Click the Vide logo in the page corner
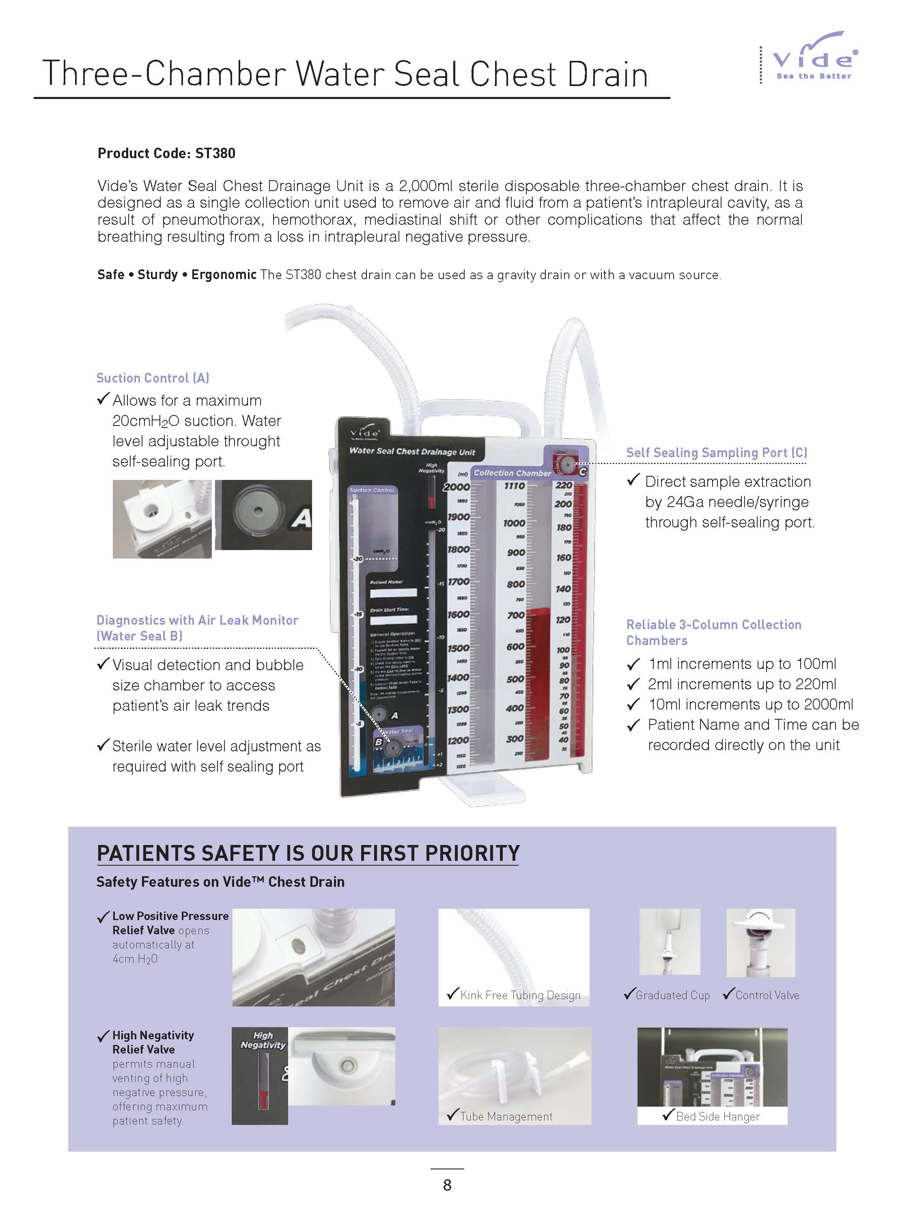(x=814, y=58)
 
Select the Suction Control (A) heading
(x=153, y=378)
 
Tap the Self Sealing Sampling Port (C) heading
(x=716, y=452)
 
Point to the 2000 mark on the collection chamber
(x=457, y=487)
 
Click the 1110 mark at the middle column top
(x=514, y=486)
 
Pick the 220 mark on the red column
(x=563, y=485)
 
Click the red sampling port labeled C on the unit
(x=567, y=465)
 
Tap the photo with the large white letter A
(x=263, y=514)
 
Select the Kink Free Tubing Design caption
(x=520, y=995)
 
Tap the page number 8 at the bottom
(x=447, y=1185)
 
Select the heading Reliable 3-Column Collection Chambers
(x=713, y=632)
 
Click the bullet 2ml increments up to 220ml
(x=741, y=684)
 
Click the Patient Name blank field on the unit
(x=393, y=593)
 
